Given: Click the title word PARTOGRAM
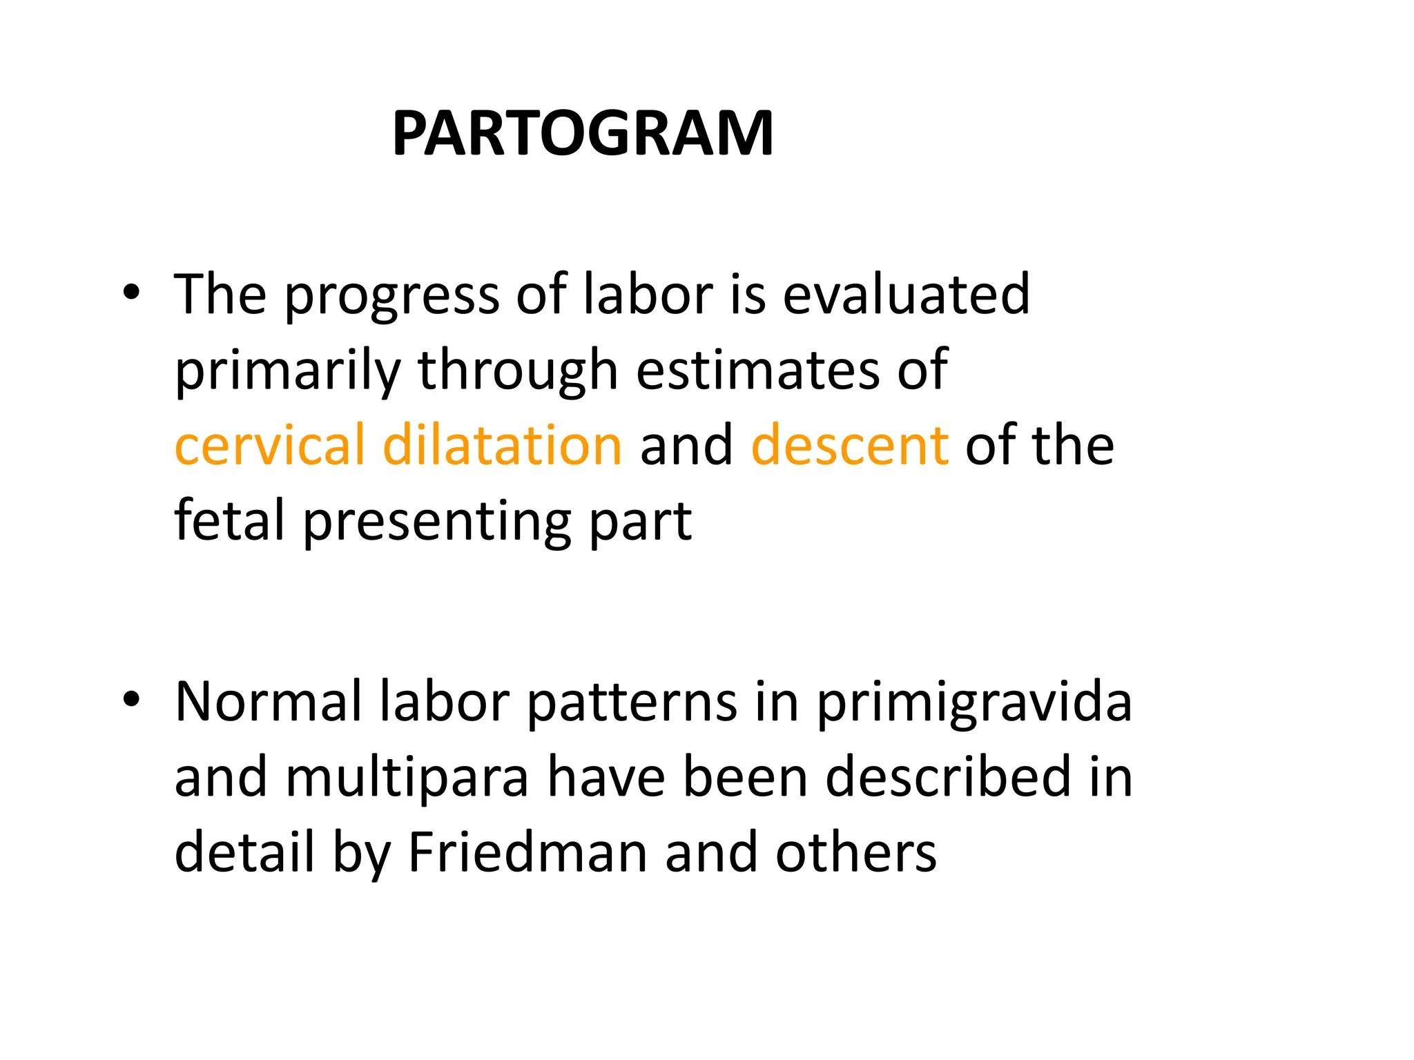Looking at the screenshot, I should pos(583,134).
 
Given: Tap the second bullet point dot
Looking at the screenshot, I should pos(130,700).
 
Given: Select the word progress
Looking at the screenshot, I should pos(391,297).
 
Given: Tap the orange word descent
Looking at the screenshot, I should pos(849,446).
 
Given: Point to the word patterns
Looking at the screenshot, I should pos(631,703).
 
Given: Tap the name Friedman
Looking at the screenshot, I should pos(527,852).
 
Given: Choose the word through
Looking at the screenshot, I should pos(517,371).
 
